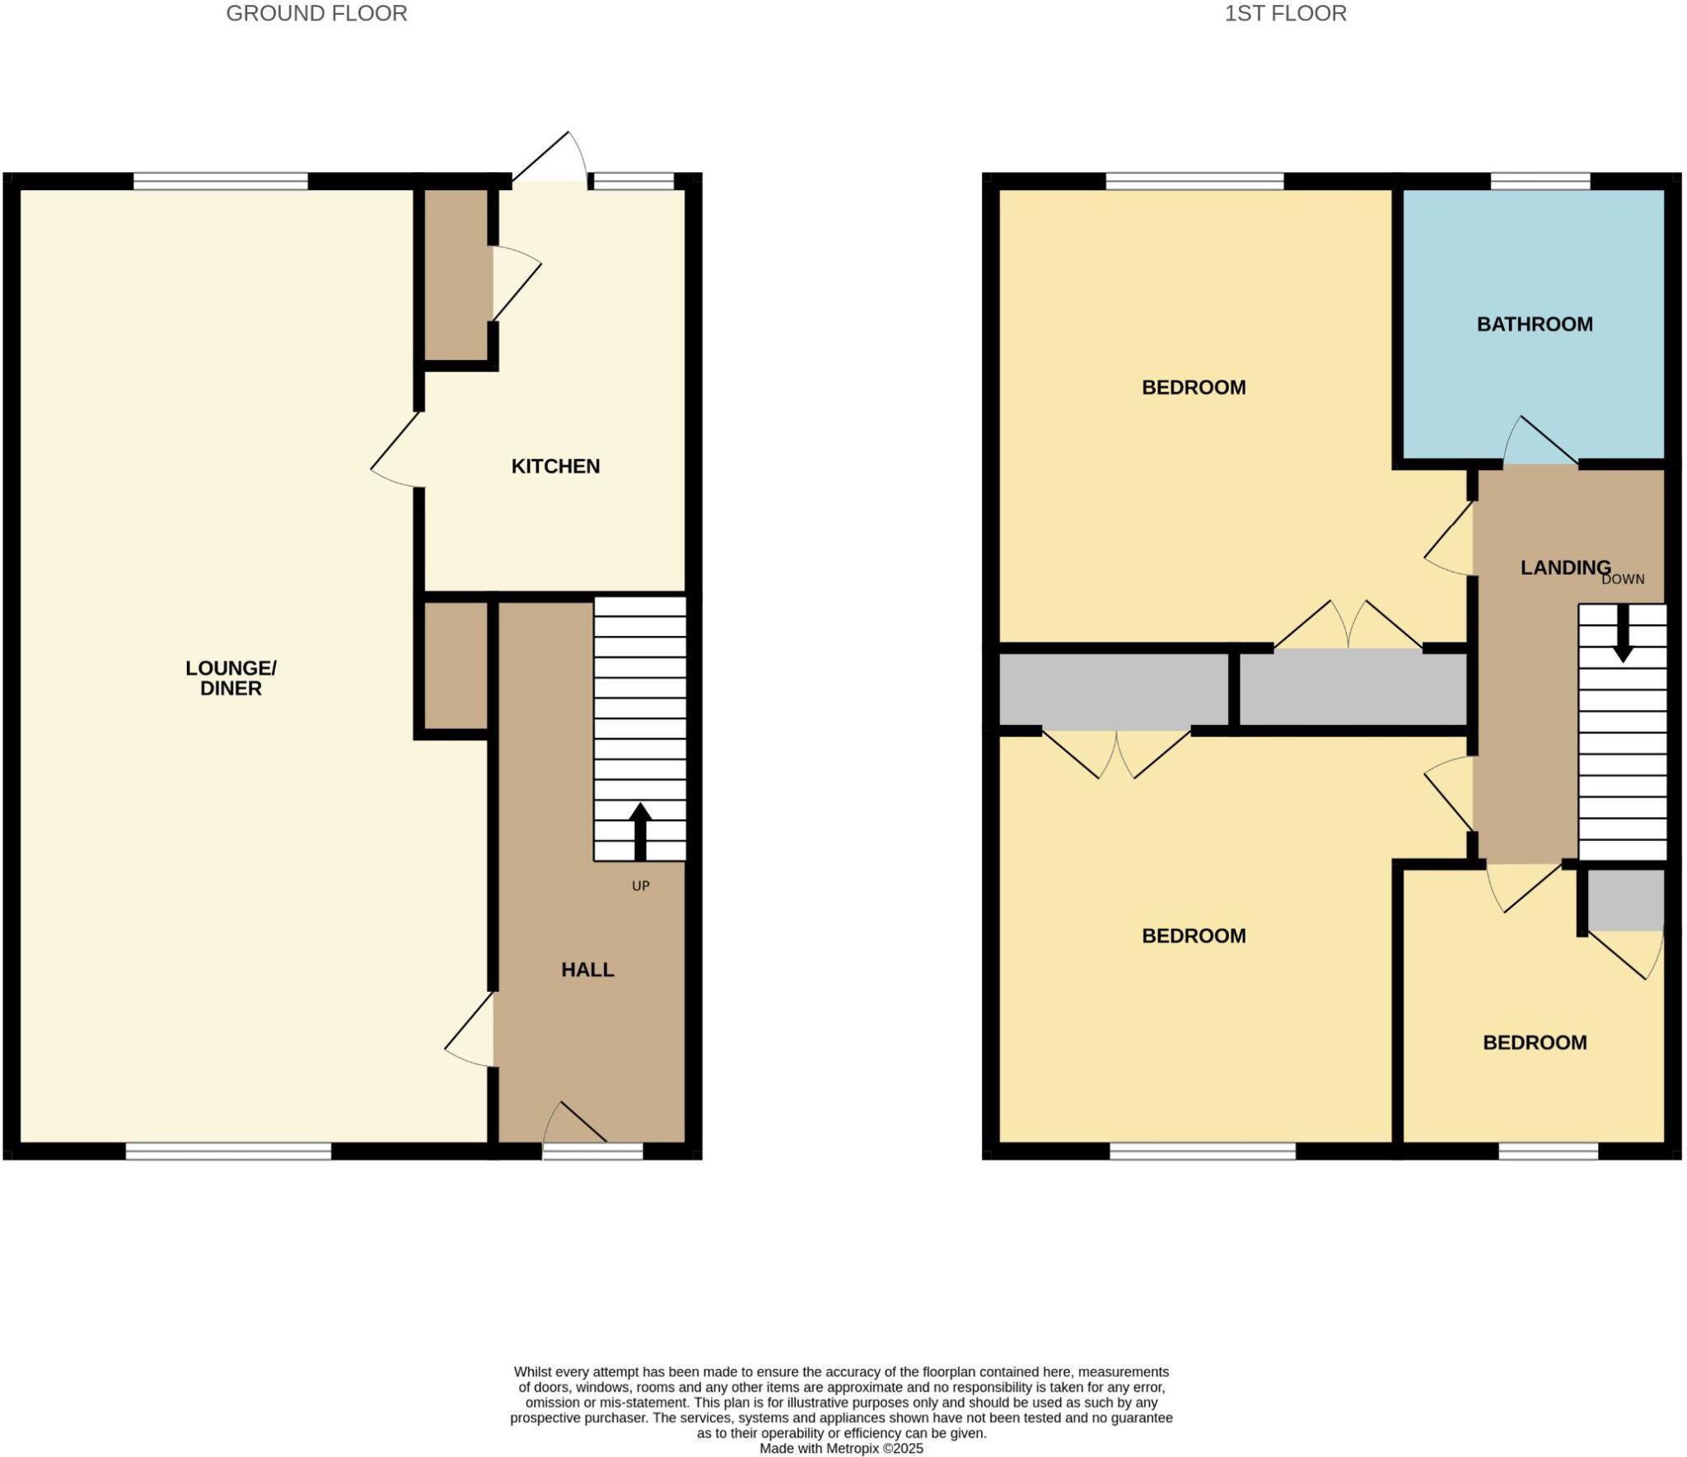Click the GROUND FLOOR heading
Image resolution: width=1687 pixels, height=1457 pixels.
(x=316, y=14)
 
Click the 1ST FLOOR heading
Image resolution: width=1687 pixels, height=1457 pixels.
(x=1285, y=14)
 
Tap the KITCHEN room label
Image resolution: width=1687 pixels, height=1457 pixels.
(x=555, y=466)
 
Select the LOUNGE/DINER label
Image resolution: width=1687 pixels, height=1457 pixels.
(x=231, y=678)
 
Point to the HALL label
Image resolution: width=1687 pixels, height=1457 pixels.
(x=587, y=970)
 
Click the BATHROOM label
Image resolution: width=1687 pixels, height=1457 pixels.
(x=1534, y=325)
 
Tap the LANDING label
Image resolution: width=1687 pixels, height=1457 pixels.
(x=1565, y=567)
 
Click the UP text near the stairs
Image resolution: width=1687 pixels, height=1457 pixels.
(x=640, y=886)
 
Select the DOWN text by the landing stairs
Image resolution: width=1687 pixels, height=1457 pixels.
(x=1622, y=580)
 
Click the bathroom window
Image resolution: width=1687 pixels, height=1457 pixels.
(x=1540, y=181)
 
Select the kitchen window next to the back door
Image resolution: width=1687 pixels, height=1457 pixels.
(x=633, y=181)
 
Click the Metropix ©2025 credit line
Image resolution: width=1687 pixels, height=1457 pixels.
(x=841, y=1449)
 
